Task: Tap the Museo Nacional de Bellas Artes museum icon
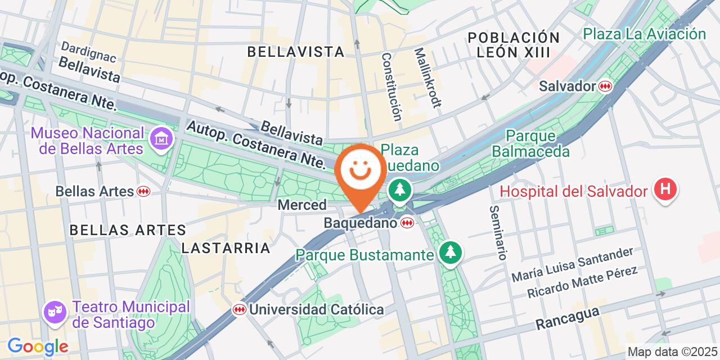pyautogui.click(x=161, y=137)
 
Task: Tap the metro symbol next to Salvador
pyautogui.click(x=605, y=86)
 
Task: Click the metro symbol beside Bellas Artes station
pyautogui.click(x=143, y=191)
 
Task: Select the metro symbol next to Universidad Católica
pyautogui.click(x=240, y=309)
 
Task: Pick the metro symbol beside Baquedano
pyautogui.click(x=407, y=223)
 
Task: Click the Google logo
pyautogui.click(x=37, y=346)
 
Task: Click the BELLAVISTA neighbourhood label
pyautogui.click(x=296, y=52)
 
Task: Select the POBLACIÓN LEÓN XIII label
pyautogui.click(x=514, y=45)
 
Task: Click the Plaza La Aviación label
pyautogui.click(x=644, y=34)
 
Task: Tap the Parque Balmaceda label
pyautogui.click(x=530, y=144)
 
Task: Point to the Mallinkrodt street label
pyautogui.click(x=428, y=77)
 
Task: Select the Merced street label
pyautogui.click(x=301, y=205)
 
